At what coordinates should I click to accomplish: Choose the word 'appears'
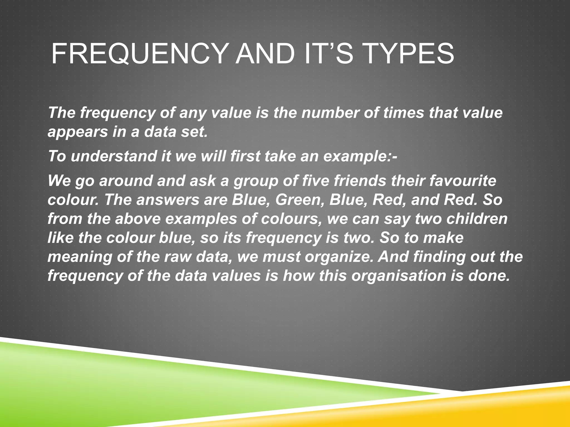point(78,132)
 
